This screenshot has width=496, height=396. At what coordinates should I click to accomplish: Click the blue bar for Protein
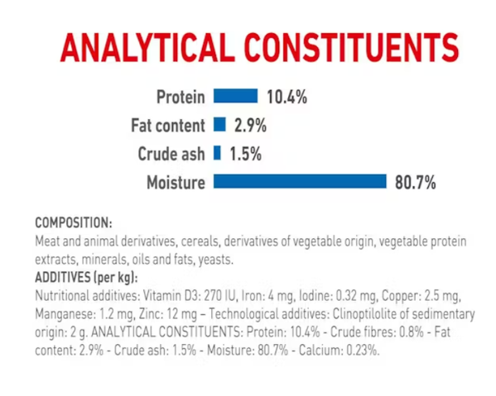pos(236,96)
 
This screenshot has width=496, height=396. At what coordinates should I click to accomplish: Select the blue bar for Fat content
pos(219,124)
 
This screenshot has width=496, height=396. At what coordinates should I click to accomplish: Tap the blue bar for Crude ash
pos(217,152)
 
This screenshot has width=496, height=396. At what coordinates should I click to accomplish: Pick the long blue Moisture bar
pos(300,181)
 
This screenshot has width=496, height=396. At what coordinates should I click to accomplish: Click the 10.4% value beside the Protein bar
pos(287,97)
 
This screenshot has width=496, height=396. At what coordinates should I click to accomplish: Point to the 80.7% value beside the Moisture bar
pos(416,183)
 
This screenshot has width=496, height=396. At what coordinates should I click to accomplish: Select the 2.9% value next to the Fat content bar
pos(251,126)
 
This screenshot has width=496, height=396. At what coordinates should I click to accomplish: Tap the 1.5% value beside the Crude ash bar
pos(245,155)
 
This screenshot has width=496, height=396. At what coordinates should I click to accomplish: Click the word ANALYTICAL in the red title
pos(147,48)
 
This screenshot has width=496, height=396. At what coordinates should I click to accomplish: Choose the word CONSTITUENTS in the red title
pos(351,48)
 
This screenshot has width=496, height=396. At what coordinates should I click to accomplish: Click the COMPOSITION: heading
pos(74,222)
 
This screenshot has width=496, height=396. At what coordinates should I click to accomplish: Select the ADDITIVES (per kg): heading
pos(86,278)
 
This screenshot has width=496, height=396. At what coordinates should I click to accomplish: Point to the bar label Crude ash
pos(171,154)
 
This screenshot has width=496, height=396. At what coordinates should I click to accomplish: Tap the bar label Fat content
pos(168,126)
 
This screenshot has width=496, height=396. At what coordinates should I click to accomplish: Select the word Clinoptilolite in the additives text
pos(365,314)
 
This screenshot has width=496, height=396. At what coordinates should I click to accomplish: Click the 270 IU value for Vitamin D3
pos(220,296)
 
